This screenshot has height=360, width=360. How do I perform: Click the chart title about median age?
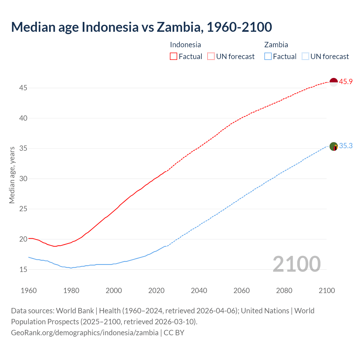pyautogui.click(x=141, y=27)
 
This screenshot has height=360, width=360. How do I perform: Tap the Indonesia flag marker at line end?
pyautogui.click(x=333, y=82)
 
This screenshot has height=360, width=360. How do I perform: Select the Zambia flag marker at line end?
pyautogui.click(x=333, y=147)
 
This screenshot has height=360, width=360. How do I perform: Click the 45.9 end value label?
pyautogui.click(x=346, y=82)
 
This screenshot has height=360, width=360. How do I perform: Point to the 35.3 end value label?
pyautogui.click(x=346, y=146)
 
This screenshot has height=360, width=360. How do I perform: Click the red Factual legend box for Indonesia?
pyautogui.click(x=174, y=57)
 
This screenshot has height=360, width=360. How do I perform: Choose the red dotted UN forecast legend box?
pyautogui.click(x=211, y=57)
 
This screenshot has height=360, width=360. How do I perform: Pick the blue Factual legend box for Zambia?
pyautogui.click(x=268, y=57)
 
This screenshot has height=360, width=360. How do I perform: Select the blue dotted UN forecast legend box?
pyautogui.click(x=305, y=57)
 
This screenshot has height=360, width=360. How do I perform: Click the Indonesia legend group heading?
pyautogui.click(x=185, y=45)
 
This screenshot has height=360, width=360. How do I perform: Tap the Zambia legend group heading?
pyautogui.click(x=276, y=45)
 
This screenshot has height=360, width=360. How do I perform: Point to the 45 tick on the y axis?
pyautogui.click(x=23, y=88)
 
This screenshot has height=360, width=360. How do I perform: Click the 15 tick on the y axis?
pyautogui.click(x=23, y=269)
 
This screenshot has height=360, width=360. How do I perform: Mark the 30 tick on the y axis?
pyautogui.click(x=23, y=179)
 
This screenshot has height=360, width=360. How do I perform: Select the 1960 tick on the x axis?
pyautogui.click(x=29, y=291)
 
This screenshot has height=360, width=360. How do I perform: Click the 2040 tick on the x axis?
pyautogui.click(x=199, y=291)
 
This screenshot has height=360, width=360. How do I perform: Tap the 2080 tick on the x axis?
pyautogui.click(x=284, y=291)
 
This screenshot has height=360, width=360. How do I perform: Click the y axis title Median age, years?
pyautogui.click(x=12, y=175)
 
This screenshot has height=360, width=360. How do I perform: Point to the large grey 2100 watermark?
pyautogui.click(x=296, y=264)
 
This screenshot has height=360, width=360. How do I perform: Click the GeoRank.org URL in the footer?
pyautogui.click(x=85, y=333)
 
